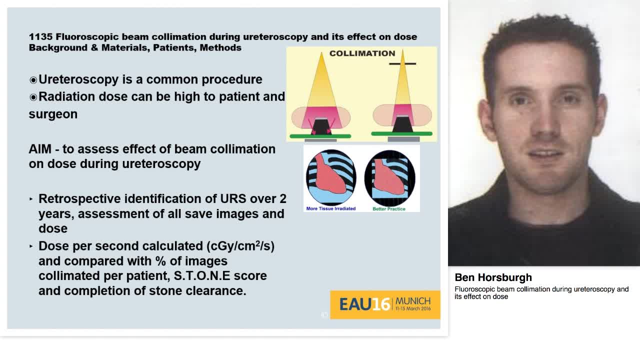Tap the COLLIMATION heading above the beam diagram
pos(362,53)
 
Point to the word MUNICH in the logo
pos(412,301)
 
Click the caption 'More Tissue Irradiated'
pos(330,208)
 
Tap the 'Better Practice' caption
pos(389,208)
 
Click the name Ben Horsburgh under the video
pos(493,277)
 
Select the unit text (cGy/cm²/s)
pos(240,246)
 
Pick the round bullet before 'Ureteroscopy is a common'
pos(33,80)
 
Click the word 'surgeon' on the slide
pos(53,114)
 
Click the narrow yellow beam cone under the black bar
pos(402,85)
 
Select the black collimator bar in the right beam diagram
pos(402,64)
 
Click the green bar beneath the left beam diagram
pos(320,136)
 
